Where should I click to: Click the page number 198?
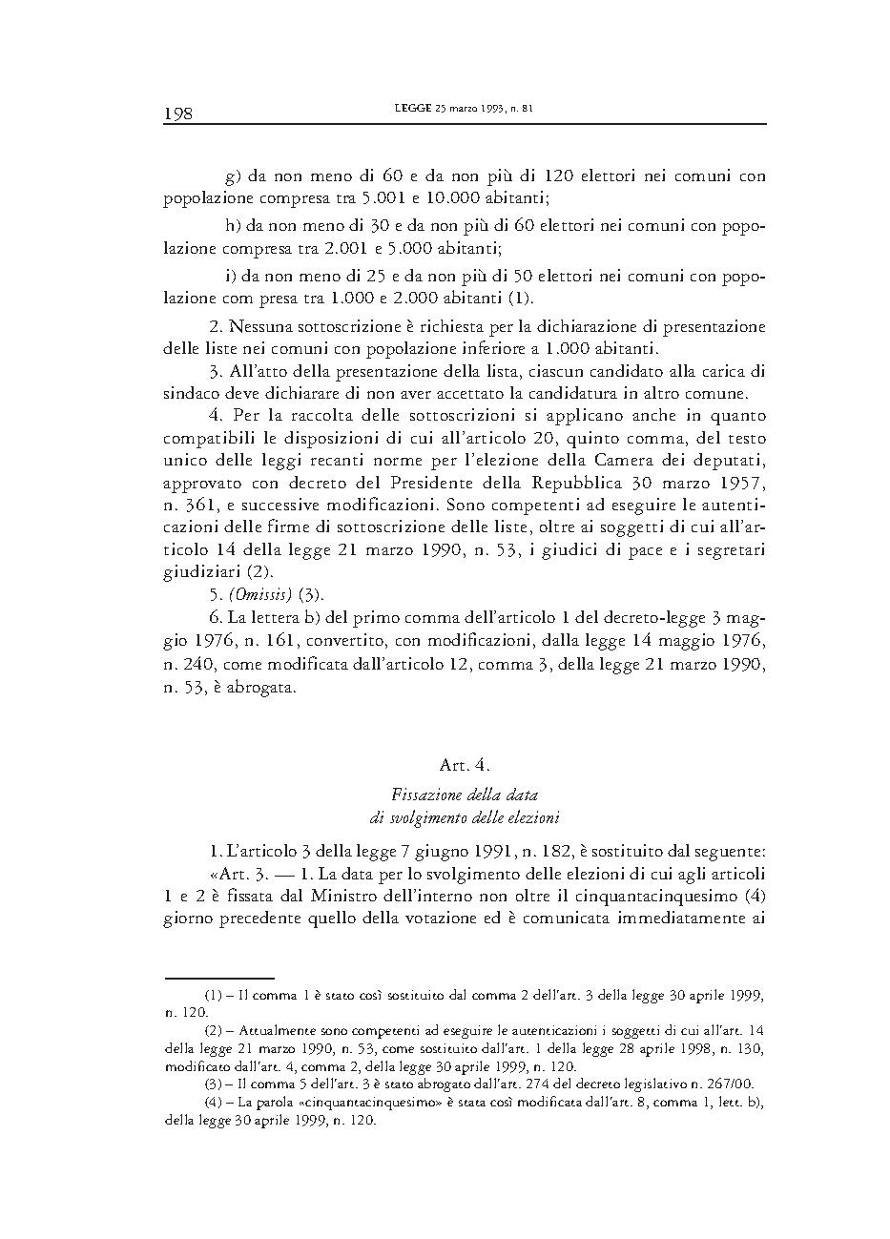[178, 114]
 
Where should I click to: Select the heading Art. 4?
[465, 765]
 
